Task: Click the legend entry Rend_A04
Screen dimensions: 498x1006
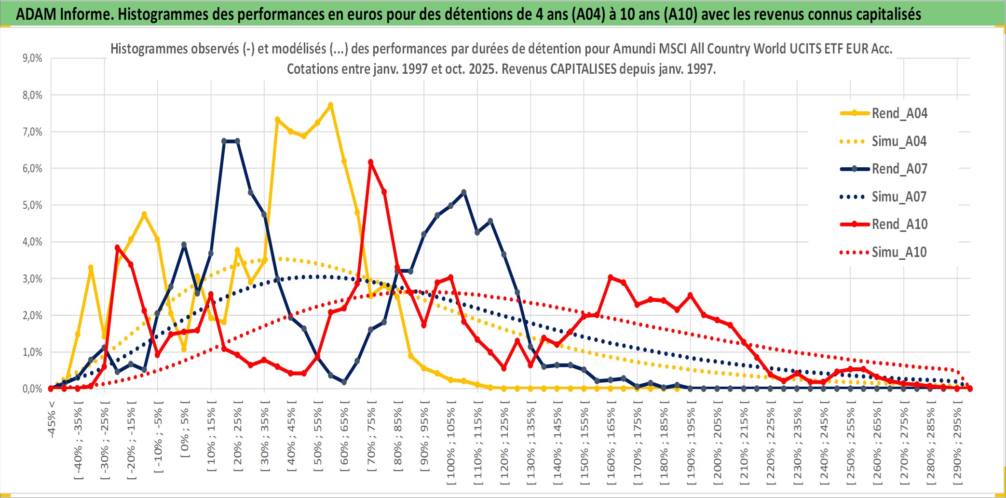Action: (x=899, y=113)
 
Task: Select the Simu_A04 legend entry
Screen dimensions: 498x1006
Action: (x=899, y=141)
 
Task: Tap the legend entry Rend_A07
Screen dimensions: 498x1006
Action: (x=899, y=169)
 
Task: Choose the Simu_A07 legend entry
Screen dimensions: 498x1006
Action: (x=899, y=197)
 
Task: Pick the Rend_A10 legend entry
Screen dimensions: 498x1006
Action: (x=899, y=224)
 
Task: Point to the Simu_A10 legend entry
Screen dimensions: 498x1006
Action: (x=899, y=252)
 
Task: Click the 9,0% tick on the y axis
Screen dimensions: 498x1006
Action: (x=32, y=58)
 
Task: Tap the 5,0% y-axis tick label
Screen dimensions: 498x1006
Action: (x=32, y=205)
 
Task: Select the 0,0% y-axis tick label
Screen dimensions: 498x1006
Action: (x=32, y=389)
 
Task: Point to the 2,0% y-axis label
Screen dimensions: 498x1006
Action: (x=32, y=315)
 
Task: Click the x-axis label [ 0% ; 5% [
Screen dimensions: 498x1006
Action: (x=185, y=429)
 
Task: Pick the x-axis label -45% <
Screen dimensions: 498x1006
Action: (x=52, y=419)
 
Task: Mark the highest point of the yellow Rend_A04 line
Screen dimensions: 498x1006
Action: (x=330, y=105)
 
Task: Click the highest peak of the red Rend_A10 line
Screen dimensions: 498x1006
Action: (x=370, y=162)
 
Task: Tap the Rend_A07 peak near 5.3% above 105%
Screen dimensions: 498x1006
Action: (x=464, y=192)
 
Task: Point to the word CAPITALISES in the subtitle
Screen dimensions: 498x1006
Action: (x=583, y=69)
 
